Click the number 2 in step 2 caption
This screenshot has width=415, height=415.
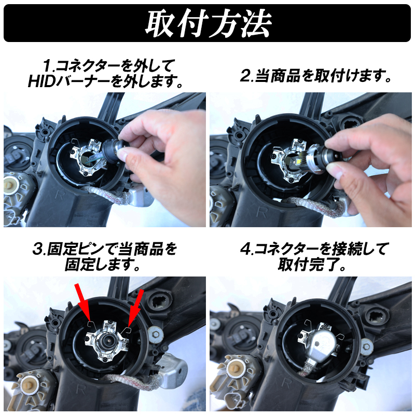[246, 76]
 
